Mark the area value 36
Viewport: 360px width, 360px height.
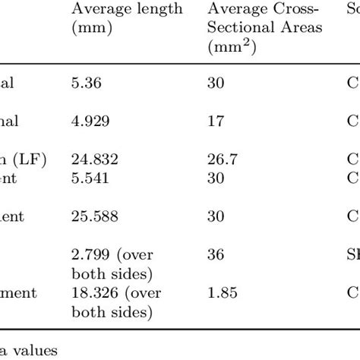coord(213,255)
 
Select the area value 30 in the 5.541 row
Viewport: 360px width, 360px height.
coord(213,178)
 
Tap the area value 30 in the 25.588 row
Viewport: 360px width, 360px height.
coord(213,216)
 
